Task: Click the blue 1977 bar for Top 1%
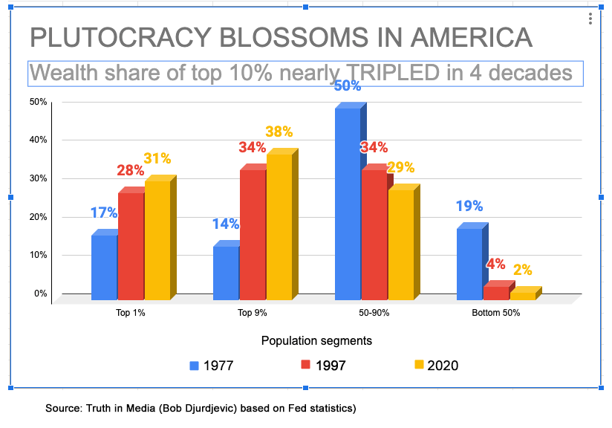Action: pyautogui.click(x=104, y=267)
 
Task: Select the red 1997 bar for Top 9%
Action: pyautogui.click(x=253, y=235)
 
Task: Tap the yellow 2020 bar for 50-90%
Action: pyautogui.click(x=400, y=245)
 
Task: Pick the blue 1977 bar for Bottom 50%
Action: pyautogui.click(x=469, y=265)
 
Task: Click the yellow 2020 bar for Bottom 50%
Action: pyautogui.click(x=522, y=296)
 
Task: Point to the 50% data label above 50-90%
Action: pyautogui.click(x=347, y=86)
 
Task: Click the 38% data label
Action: pyautogui.click(x=279, y=132)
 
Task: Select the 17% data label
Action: pyautogui.click(x=104, y=213)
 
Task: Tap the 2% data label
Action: pyautogui.click(x=522, y=270)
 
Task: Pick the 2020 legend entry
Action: pyautogui.click(x=437, y=365)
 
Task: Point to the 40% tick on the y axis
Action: pyautogui.click(x=37, y=140)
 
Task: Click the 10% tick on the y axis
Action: pyautogui.click(x=37, y=255)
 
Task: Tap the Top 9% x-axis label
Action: pyautogui.click(x=253, y=313)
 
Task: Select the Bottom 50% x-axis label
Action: pyautogui.click(x=496, y=313)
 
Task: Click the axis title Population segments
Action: pyautogui.click(x=316, y=340)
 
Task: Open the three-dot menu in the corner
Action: pyautogui.click(x=589, y=19)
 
